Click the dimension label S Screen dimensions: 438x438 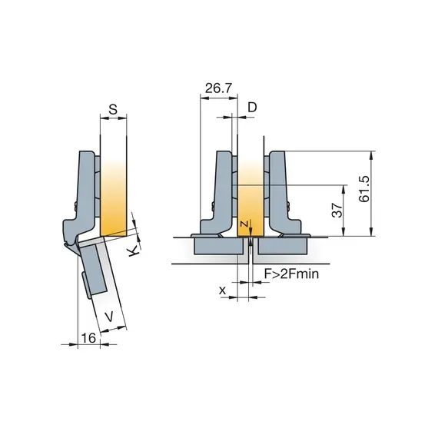[x=113, y=109]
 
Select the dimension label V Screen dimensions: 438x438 [x=109, y=315]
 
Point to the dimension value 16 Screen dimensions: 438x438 [x=88, y=337]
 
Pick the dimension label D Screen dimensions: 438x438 [x=253, y=108]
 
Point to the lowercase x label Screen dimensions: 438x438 [x=222, y=290]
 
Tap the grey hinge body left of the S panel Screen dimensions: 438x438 [x=86, y=192]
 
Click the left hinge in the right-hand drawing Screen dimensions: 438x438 [x=220, y=196]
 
